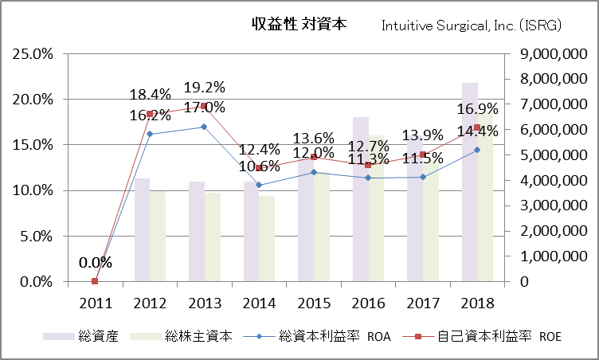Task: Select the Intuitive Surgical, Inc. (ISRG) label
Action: click(472, 25)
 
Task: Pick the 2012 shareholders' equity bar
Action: click(158, 236)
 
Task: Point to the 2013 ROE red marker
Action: click(203, 106)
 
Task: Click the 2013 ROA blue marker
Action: click(203, 127)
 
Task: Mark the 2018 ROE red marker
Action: click(477, 127)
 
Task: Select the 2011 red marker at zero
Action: click(95, 281)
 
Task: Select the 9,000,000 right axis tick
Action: click(550, 54)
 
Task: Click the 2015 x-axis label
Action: click(313, 303)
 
